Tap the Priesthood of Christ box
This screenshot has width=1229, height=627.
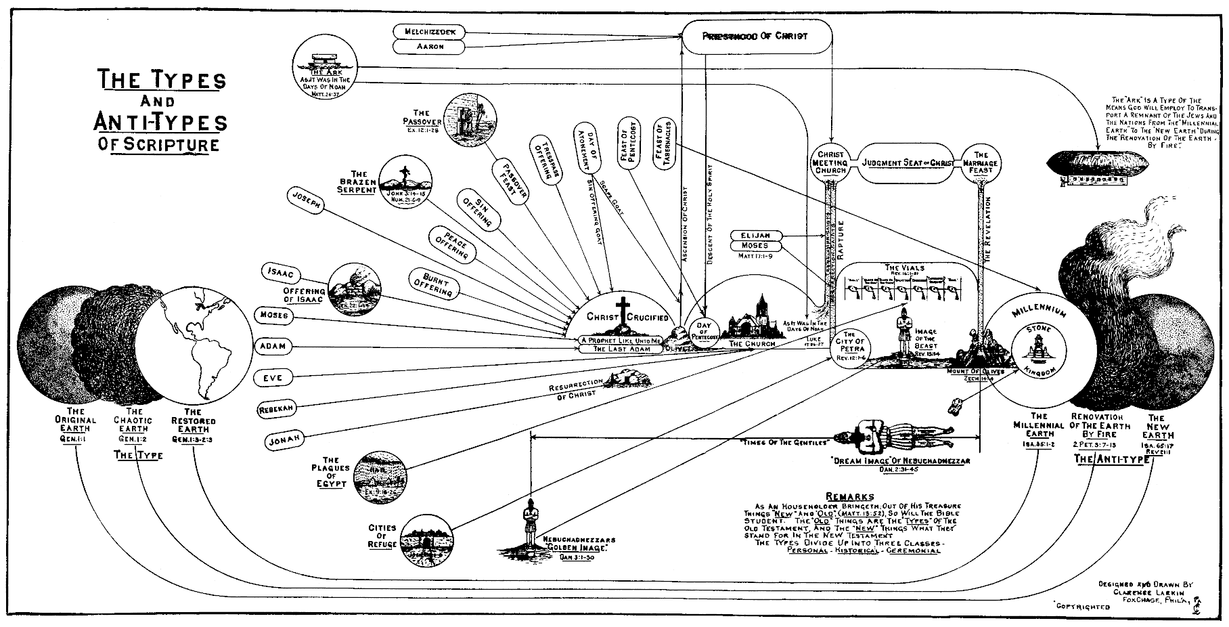755,36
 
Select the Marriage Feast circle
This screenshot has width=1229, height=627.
979,163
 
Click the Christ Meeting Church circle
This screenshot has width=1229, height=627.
830,163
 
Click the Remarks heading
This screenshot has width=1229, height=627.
850,496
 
